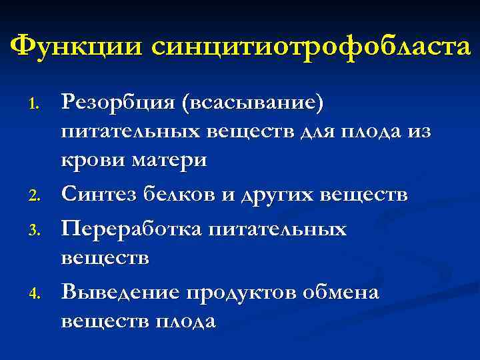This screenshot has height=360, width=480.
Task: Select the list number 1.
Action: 37,104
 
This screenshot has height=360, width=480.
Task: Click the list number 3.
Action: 37,231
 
